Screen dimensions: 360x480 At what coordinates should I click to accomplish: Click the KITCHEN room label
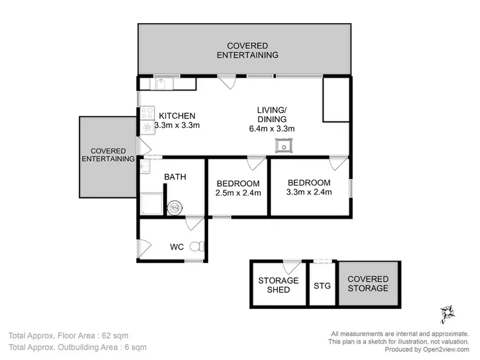177,116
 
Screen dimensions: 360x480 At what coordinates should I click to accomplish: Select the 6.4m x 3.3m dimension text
271,129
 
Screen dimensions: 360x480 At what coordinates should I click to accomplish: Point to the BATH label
175,177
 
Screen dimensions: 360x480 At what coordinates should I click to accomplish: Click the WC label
177,246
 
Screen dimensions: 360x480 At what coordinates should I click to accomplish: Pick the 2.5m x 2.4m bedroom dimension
237,192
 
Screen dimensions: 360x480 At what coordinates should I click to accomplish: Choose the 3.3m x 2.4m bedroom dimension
309,192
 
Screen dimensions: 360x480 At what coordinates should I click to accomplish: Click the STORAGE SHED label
278,285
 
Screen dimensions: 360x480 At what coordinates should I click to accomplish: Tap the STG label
323,285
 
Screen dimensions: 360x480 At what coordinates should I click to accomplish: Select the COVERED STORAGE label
368,284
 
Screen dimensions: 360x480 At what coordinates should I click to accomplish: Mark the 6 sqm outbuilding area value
134,348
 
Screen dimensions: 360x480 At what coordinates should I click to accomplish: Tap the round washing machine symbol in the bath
175,207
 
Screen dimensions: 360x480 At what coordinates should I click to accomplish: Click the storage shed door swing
292,264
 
